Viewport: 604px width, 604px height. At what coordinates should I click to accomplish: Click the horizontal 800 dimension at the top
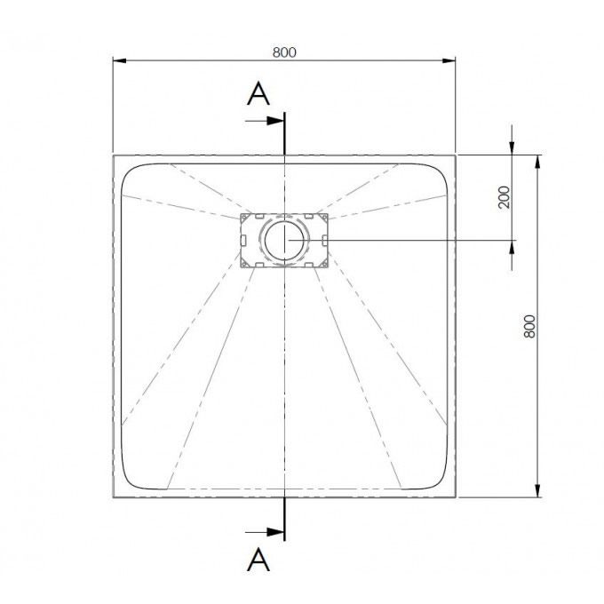click(284, 52)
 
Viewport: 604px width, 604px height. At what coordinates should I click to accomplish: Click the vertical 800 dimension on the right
click(530, 326)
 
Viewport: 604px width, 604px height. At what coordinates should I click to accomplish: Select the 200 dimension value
click(504, 197)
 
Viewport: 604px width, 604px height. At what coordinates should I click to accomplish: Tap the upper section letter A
click(258, 93)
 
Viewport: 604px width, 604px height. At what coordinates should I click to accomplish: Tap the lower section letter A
click(258, 560)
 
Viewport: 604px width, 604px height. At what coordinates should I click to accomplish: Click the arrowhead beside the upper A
click(276, 121)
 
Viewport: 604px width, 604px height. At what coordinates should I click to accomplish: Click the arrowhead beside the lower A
click(276, 532)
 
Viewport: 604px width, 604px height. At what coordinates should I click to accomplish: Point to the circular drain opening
click(284, 240)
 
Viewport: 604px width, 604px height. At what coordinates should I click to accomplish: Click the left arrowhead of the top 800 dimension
click(120, 60)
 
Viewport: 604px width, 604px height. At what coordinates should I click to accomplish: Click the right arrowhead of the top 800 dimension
click(449, 60)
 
